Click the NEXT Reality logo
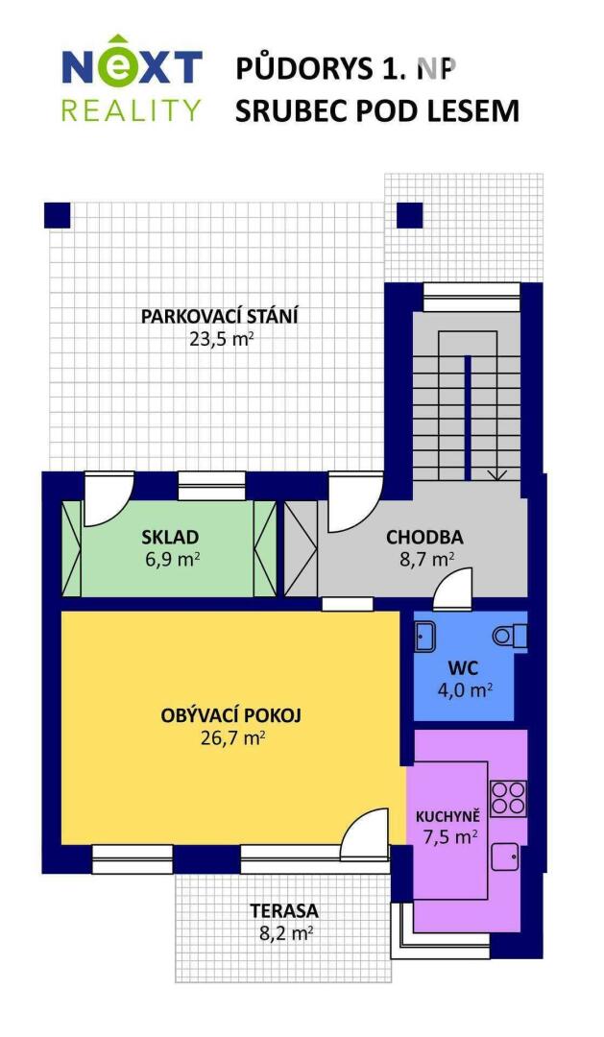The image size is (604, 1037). [132, 78]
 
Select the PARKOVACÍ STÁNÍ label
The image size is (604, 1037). [219, 316]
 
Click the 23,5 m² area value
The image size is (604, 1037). [222, 339]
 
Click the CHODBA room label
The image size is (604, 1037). [424, 537]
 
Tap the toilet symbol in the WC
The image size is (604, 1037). [510, 637]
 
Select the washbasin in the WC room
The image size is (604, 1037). [424, 637]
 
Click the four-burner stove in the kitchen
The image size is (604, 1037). [508, 798]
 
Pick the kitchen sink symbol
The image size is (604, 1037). [505, 857]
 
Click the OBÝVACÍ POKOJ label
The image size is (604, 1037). [230, 715]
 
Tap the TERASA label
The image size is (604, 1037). [284, 910]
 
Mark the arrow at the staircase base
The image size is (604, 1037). [496, 473]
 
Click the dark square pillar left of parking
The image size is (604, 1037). [58, 215]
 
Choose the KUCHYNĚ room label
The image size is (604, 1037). [447, 817]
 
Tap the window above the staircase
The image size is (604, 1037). [471, 297]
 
